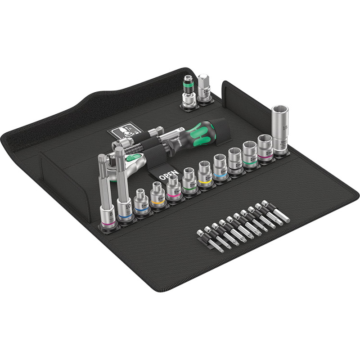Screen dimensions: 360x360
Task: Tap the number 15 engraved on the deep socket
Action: pos(284,127)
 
